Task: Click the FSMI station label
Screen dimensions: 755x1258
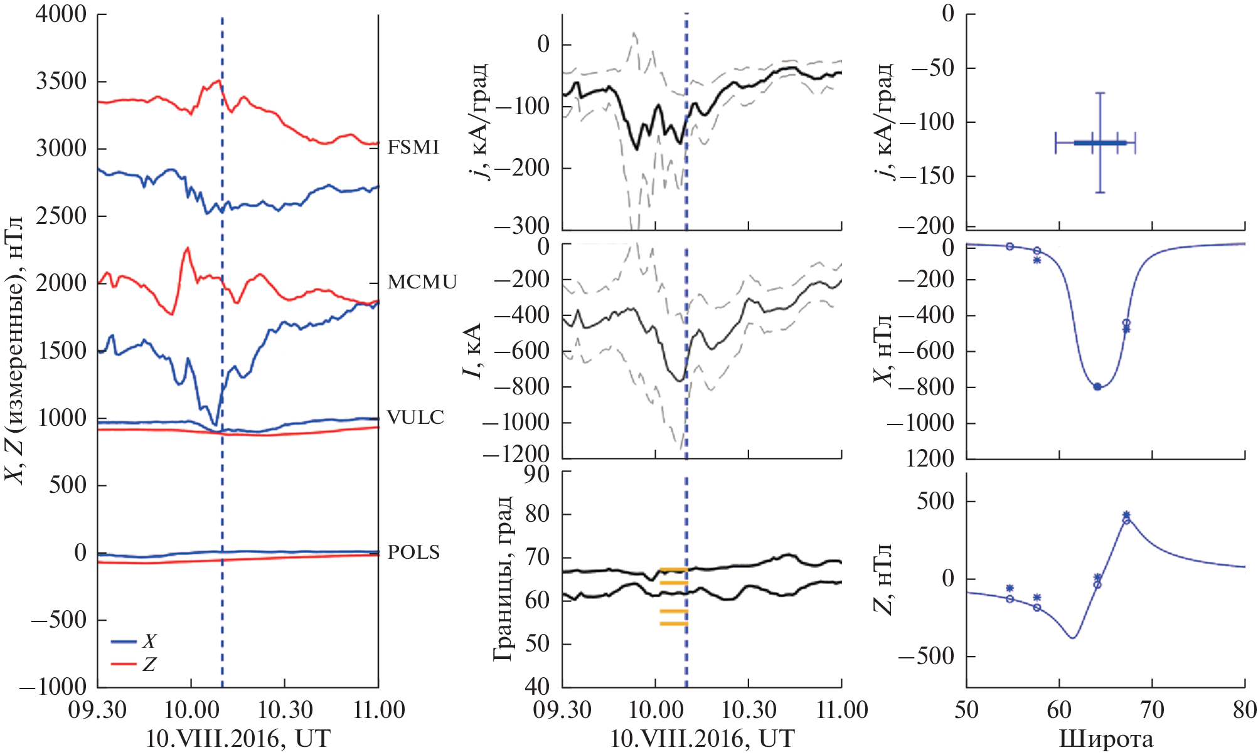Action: [x=413, y=147]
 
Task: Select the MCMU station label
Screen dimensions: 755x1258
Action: [x=422, y=282]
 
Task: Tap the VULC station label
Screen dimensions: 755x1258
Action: [x=415, y=418]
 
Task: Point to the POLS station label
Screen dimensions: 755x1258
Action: [x=413, y=552]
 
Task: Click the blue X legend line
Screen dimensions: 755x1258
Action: [x=124, y=641]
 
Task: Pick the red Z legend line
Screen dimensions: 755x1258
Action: [x=124, y=663]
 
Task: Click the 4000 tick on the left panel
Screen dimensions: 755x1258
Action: [x=61, y=14]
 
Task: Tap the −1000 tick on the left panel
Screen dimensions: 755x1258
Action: [x=53, y=687]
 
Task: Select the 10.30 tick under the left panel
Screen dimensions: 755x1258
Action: [x=285, y=710]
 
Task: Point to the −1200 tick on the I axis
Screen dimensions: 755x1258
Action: [x=521, y=453]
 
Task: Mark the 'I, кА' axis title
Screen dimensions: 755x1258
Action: [x=472, y=351]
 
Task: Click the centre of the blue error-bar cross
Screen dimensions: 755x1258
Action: [x=1100, y=143]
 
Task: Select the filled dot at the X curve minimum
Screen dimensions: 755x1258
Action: [x=1097, y=387]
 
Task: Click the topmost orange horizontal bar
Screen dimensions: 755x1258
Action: [x=674, y=569]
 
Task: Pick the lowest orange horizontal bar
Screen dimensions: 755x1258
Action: [x=674, y=623]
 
